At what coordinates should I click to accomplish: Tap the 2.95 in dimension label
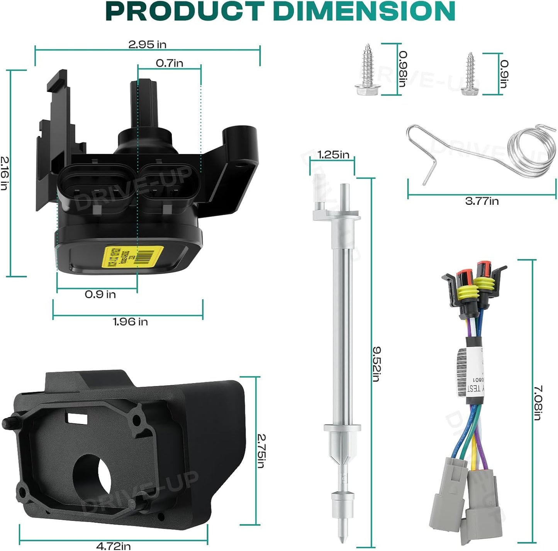[147, 44]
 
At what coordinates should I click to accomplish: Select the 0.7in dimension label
[170, 63]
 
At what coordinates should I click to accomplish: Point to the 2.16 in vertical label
[4, 173]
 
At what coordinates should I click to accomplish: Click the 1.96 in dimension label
[130, 321]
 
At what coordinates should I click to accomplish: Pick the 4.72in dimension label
[113, 546]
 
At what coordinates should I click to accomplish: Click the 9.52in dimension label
[377, 364]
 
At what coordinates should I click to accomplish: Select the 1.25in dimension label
[333, 155]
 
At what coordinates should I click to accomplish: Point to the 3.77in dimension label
[482, 201]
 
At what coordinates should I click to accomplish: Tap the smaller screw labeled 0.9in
[471, 74]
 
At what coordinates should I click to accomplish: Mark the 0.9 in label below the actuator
[100, 294]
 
